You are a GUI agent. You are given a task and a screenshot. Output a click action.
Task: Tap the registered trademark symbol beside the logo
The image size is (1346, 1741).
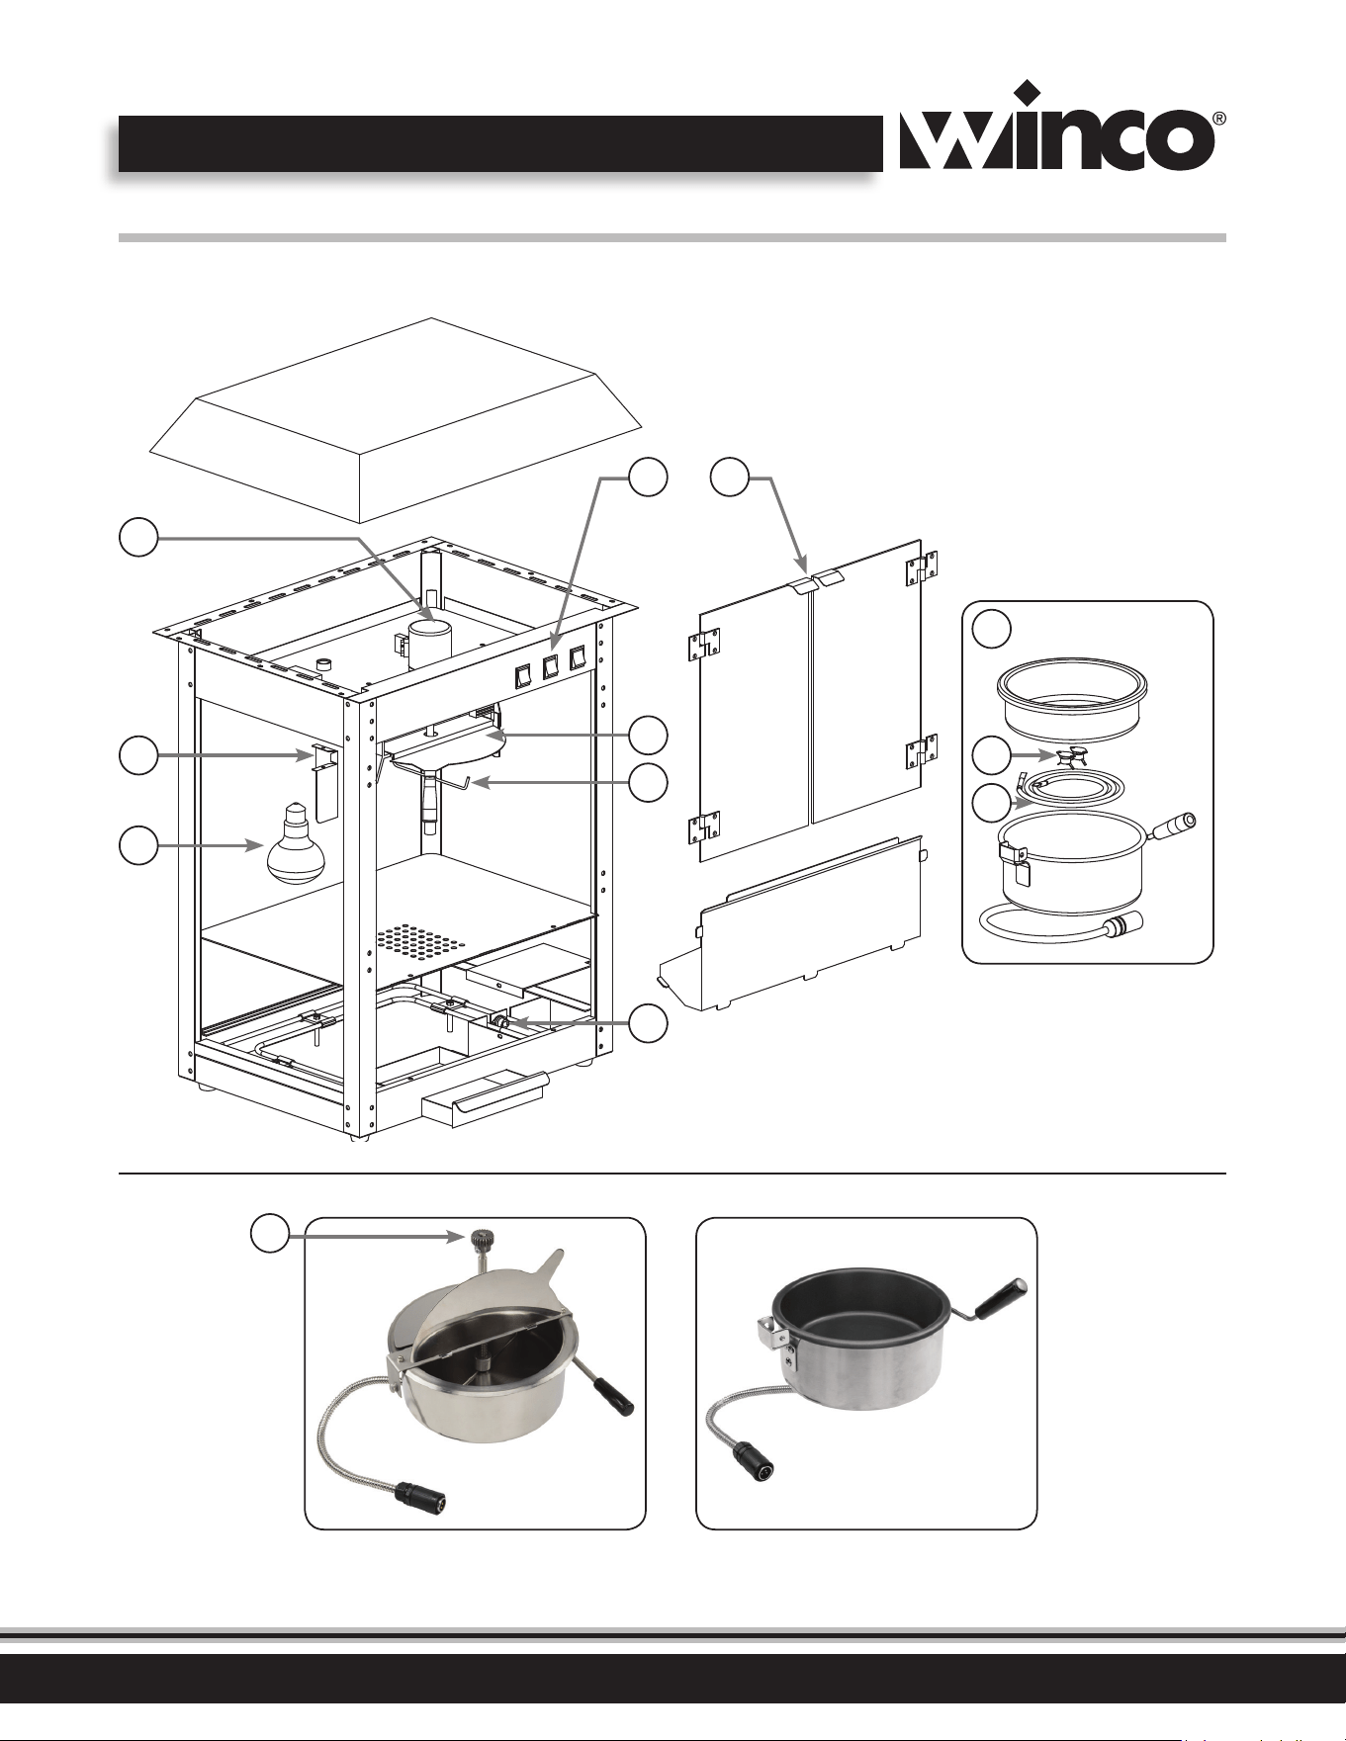(1220, 119)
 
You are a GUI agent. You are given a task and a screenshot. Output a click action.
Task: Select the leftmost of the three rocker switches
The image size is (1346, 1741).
(522, 675)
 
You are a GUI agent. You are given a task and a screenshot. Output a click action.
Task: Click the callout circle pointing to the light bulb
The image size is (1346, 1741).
(137, 847)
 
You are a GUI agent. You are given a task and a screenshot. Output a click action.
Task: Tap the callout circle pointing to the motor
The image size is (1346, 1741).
(137, 538)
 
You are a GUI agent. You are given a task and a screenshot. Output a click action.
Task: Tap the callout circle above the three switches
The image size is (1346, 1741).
(648, 477)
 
